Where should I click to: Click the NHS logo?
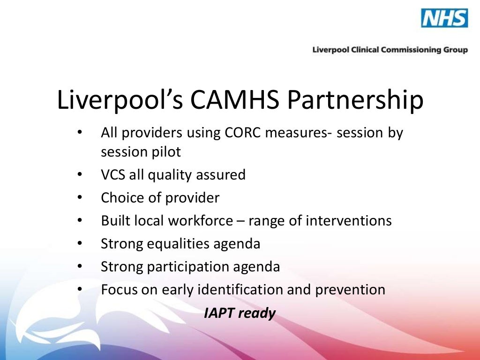(x=444, y=18)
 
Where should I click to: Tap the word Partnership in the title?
(x=356, y=100)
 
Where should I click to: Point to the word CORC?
(x=241, y=133)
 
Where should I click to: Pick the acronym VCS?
(x=112, y=175)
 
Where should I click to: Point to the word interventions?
(x=349, y=221)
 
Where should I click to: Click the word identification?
(x=236, y=289)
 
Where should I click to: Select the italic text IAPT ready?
(x=240, y=313)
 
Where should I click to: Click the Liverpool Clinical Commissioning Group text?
(x=390, y=50)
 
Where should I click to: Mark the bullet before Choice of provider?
(x=80, y=198)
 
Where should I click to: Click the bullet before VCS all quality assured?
(x=80, y=175)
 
